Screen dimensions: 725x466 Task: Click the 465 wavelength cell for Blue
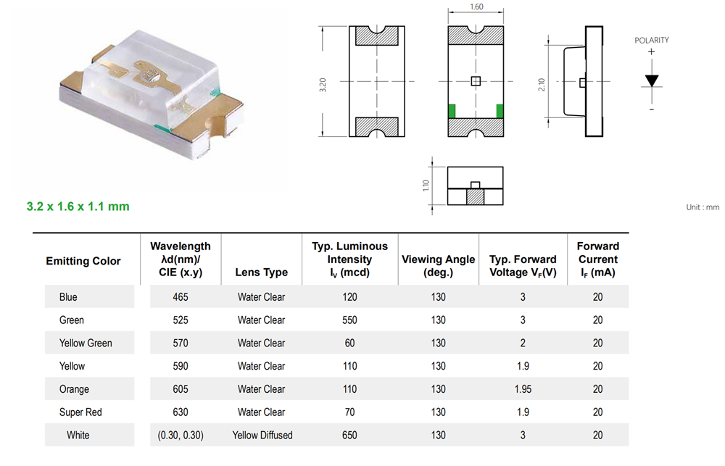pos(181,297)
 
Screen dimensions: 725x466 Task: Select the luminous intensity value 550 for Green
pos(349,320)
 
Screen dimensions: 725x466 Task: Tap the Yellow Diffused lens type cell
pos(262,435)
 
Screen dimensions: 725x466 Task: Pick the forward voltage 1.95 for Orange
pos(523,389)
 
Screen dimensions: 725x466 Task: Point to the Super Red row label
pos(80,412)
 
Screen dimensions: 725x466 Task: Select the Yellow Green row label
pos(86,343)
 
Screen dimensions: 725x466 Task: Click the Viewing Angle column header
pos(439,266)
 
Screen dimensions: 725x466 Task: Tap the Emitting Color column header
pos(83,261)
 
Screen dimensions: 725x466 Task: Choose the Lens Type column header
pos(261,272)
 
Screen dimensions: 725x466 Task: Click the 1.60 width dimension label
pos(476,7)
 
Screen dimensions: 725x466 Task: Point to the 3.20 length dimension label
pos(323,85)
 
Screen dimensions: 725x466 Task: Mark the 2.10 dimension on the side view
pos(542,85)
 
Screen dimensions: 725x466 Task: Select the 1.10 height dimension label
pos(426,186)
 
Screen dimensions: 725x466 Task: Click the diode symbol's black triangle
pos(652,81)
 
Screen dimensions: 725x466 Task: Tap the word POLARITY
pos(652,40)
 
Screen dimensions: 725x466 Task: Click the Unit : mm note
pos(703,207)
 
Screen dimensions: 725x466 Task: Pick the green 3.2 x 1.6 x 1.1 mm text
pos(78,207)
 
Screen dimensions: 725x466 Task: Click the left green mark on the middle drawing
pos(452,112)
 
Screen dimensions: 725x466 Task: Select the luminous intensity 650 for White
pos(349,435)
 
